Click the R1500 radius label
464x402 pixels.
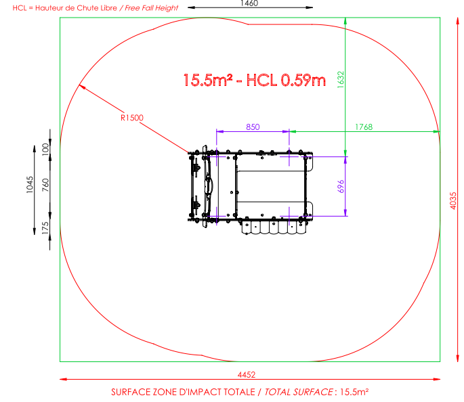pyautogui.click(x=132, y=118)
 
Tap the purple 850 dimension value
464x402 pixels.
pyautogui.click(x=253, y=127)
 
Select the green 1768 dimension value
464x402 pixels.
pyautogui.click(x=364, y=127)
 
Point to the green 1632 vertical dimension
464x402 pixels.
pyautogui.click(x=341, y=79)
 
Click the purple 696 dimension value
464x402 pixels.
pyautogui.click(x=341, y=186)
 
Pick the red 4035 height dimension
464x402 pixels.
pyautogui.click(x=453, y=201)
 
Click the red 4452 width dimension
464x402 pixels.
pyautogui.click(x=247, y=374)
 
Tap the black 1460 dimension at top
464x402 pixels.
pyautogui.click(x=249, y=3)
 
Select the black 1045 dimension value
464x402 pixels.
pyautogui.click(x=30, y=185)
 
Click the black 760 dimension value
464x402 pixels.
pyautogui.click(x=45, y=185)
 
